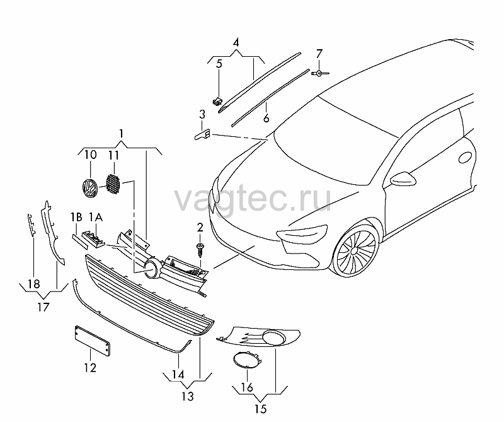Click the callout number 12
point(90,368)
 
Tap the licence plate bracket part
point(93,340)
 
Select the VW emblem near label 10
point(89,188)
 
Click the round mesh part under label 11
point(113,184)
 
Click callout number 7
point(319,54)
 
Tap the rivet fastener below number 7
point(320,74)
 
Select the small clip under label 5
point(217,102)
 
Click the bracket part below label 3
point(202,134)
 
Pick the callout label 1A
point(96,218)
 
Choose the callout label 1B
point(76,218)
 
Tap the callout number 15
point(261,409)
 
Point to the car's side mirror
point(403,179)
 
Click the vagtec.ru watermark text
point(253,199)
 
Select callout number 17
point(43,307)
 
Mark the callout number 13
point(187,396)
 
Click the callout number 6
point(266,118)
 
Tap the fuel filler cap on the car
point(466,158)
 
